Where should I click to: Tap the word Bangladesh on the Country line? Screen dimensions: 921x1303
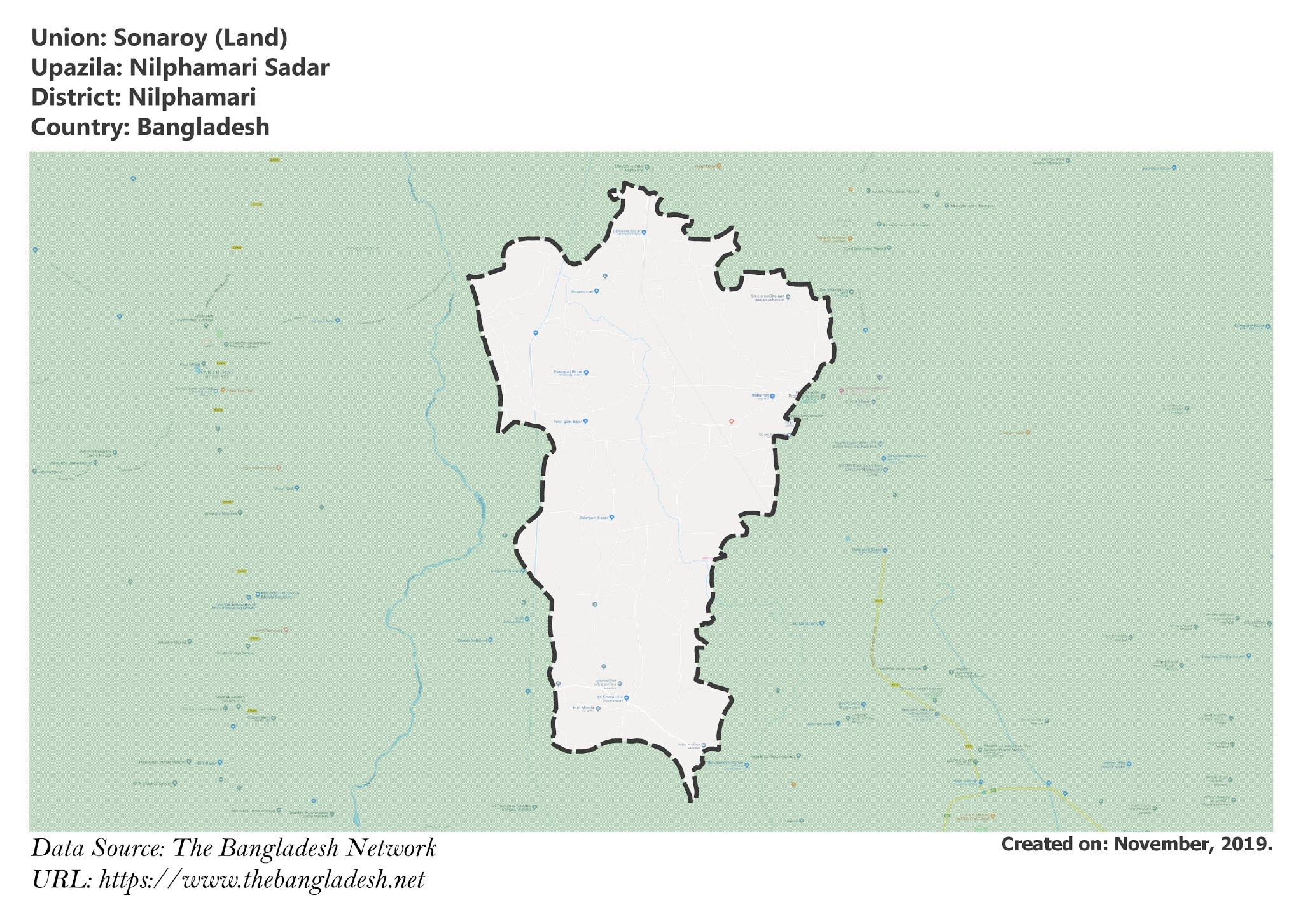pyautogui.click(x=203, y=127)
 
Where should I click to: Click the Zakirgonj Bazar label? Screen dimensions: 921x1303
pyautogui.click(x=594, y=517)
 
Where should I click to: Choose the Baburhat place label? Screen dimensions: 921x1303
pyautogui.click(x=760, y=396)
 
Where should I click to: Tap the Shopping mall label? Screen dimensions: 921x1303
pyautogui.click(x=582, y=291)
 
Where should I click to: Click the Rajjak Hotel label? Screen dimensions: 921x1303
pyautogui.click(x=1014, y=433)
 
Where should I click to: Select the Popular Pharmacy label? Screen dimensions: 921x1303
pyautogui.click(x=258, y=468)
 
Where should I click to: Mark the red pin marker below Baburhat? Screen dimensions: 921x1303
pyautogui.click(x=732, y=421)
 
